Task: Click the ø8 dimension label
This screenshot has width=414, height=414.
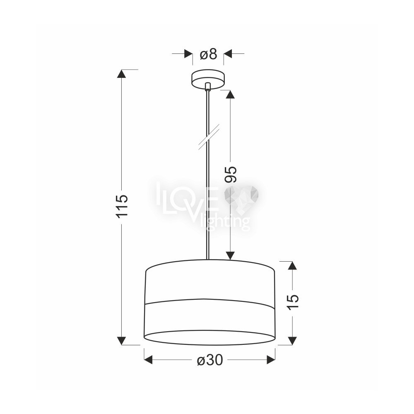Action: click(208, 54)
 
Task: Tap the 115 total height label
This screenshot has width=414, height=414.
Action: click(122, 206)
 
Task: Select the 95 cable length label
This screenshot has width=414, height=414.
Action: click(231, 175)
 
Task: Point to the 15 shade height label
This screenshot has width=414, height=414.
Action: click(293, 302)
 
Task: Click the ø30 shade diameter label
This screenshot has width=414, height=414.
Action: click(210, 360)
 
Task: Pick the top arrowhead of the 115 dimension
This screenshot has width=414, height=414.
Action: click(121, 74)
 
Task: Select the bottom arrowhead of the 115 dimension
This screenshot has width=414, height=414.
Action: click(121, 341)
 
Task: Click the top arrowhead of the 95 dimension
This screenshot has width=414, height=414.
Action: click(230, 94)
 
